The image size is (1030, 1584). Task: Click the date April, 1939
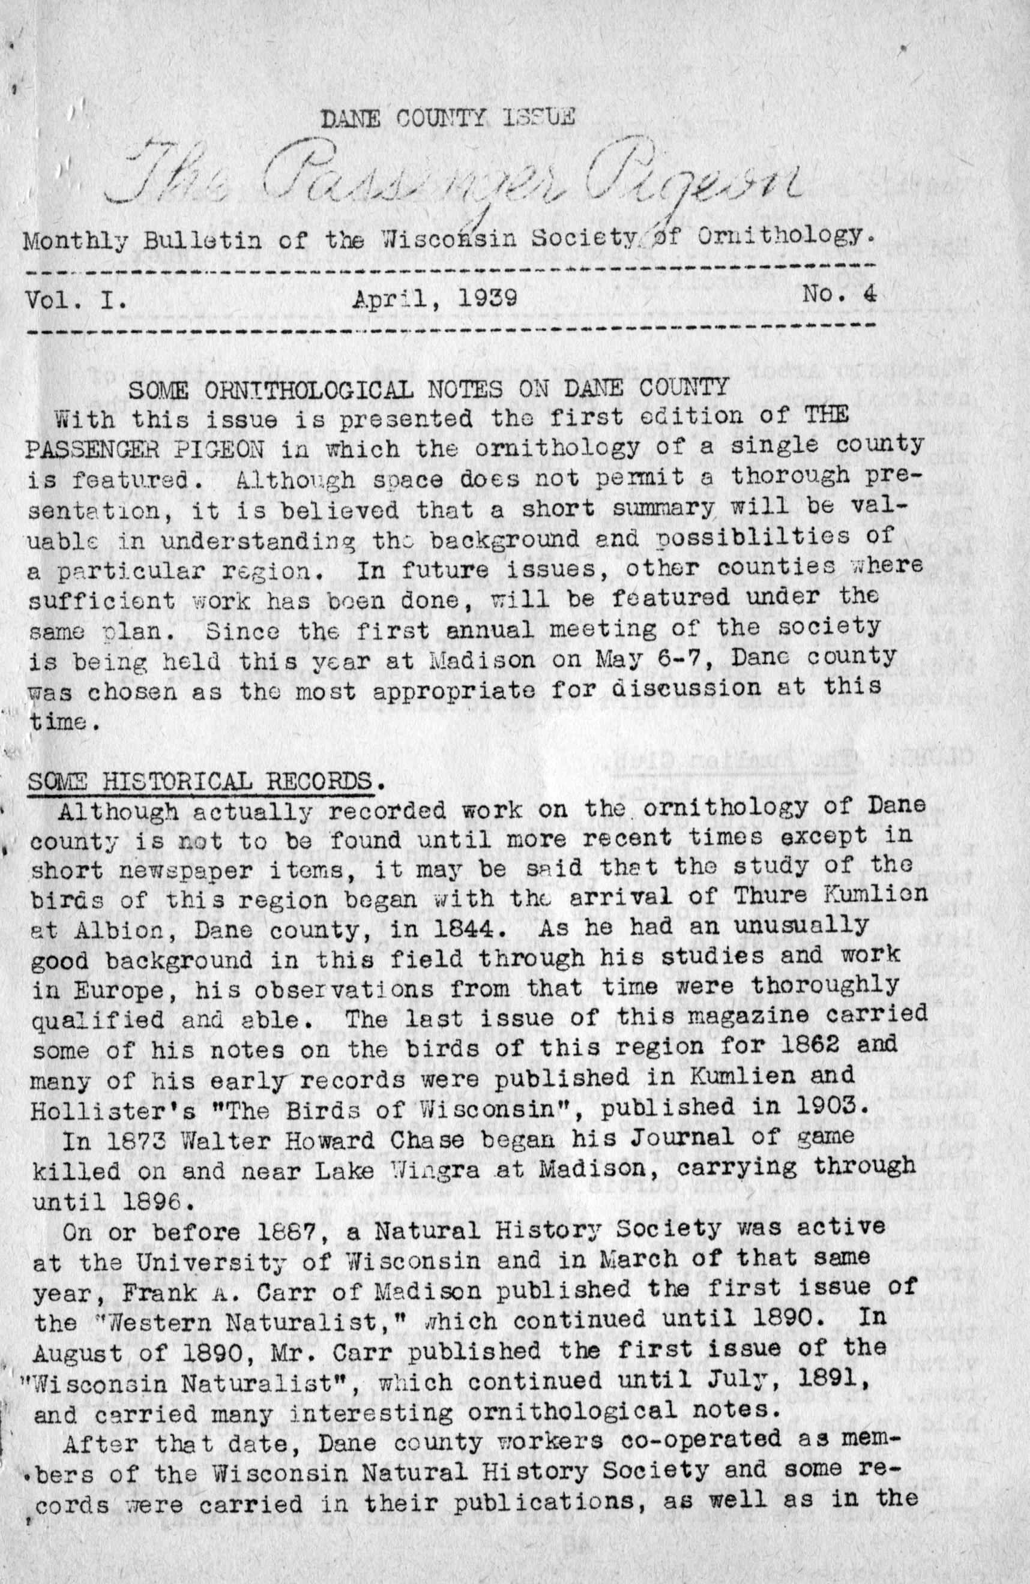pos(435,298)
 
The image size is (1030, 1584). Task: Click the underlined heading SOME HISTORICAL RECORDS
pos(199,780)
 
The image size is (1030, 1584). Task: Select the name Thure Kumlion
pos(830,894)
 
